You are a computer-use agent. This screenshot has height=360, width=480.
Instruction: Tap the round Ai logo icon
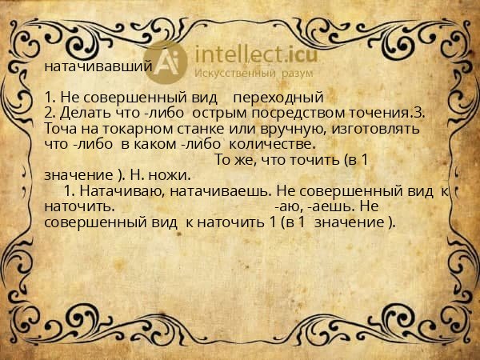(169, 62)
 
